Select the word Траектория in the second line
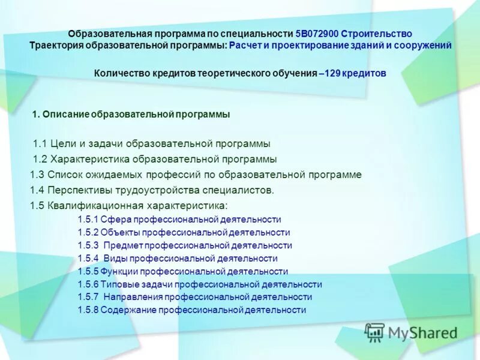55,46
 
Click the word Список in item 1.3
62,175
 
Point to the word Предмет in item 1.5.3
124,245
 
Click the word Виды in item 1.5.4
114,259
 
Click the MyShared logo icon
375,332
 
